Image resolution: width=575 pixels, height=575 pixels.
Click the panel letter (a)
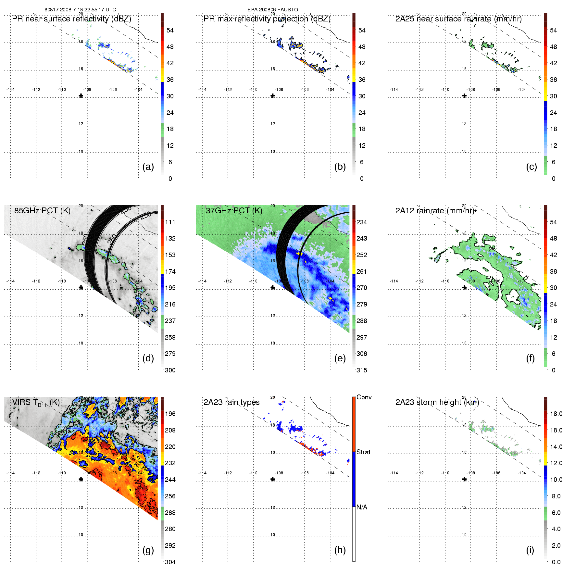148,167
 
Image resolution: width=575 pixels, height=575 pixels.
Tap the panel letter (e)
340,358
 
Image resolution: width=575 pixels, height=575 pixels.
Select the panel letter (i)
530,550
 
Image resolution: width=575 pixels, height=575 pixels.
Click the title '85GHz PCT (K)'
42,210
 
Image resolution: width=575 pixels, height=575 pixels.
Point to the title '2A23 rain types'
231,402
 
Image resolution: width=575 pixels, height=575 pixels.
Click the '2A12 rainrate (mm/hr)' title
435,210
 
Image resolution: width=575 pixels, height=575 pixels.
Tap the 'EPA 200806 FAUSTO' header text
273,9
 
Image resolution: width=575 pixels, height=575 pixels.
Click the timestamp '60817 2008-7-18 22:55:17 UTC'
80,9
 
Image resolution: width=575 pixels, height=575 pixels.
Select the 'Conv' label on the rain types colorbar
364,397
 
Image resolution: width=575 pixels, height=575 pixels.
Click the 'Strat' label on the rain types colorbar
363,452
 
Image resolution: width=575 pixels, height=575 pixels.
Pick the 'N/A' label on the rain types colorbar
362,507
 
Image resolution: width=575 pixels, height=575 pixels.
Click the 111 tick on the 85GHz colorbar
170,222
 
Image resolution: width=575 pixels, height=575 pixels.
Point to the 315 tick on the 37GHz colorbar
362,370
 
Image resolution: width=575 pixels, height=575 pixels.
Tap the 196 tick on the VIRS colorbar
170,414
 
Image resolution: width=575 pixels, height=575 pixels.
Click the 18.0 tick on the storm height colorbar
556,414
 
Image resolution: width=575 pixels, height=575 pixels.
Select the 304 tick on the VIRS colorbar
170,562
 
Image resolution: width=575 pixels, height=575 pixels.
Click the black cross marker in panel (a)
81,96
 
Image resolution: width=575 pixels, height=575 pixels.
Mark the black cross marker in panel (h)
273,479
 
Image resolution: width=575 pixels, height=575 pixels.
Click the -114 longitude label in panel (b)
202,90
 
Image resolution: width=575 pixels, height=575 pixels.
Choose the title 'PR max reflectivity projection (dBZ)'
267,19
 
